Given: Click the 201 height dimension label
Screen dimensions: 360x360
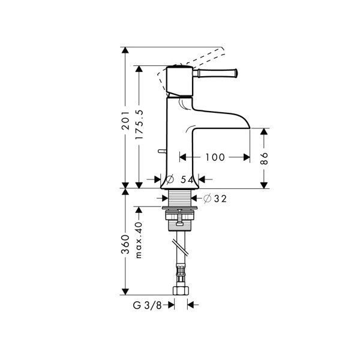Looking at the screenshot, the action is (125, 121).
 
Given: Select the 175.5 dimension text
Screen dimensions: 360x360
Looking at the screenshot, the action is (139, 124).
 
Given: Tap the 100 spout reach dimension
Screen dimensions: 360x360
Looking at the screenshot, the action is (215, 157).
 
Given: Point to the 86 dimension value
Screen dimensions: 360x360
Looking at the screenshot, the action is (264, 158).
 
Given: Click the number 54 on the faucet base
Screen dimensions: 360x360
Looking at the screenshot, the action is (187, 179).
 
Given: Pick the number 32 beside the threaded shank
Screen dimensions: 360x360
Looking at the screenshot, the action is (220, 199).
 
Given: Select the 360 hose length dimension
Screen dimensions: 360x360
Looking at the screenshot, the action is (125, 244).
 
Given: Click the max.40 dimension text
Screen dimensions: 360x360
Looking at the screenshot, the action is (139, 240).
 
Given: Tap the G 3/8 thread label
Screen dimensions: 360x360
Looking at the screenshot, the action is (148, 305).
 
